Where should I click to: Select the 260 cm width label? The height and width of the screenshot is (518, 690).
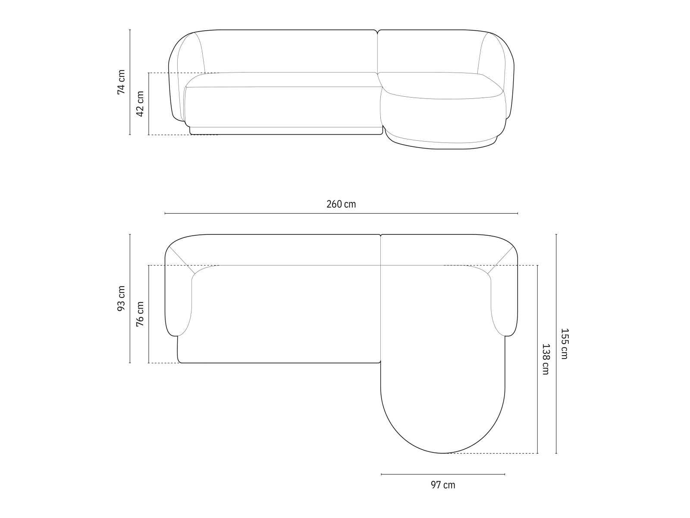(341, 204)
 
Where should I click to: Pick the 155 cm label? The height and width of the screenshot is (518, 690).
(564, 344)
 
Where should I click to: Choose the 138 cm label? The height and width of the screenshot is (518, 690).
(546, 359)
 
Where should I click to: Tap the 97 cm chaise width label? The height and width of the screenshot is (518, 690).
(443, 485)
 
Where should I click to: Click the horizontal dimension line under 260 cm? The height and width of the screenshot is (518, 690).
(341, 213)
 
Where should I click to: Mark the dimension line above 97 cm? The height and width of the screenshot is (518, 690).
(443, 474)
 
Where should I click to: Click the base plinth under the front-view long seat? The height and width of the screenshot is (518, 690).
(285, 130)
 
